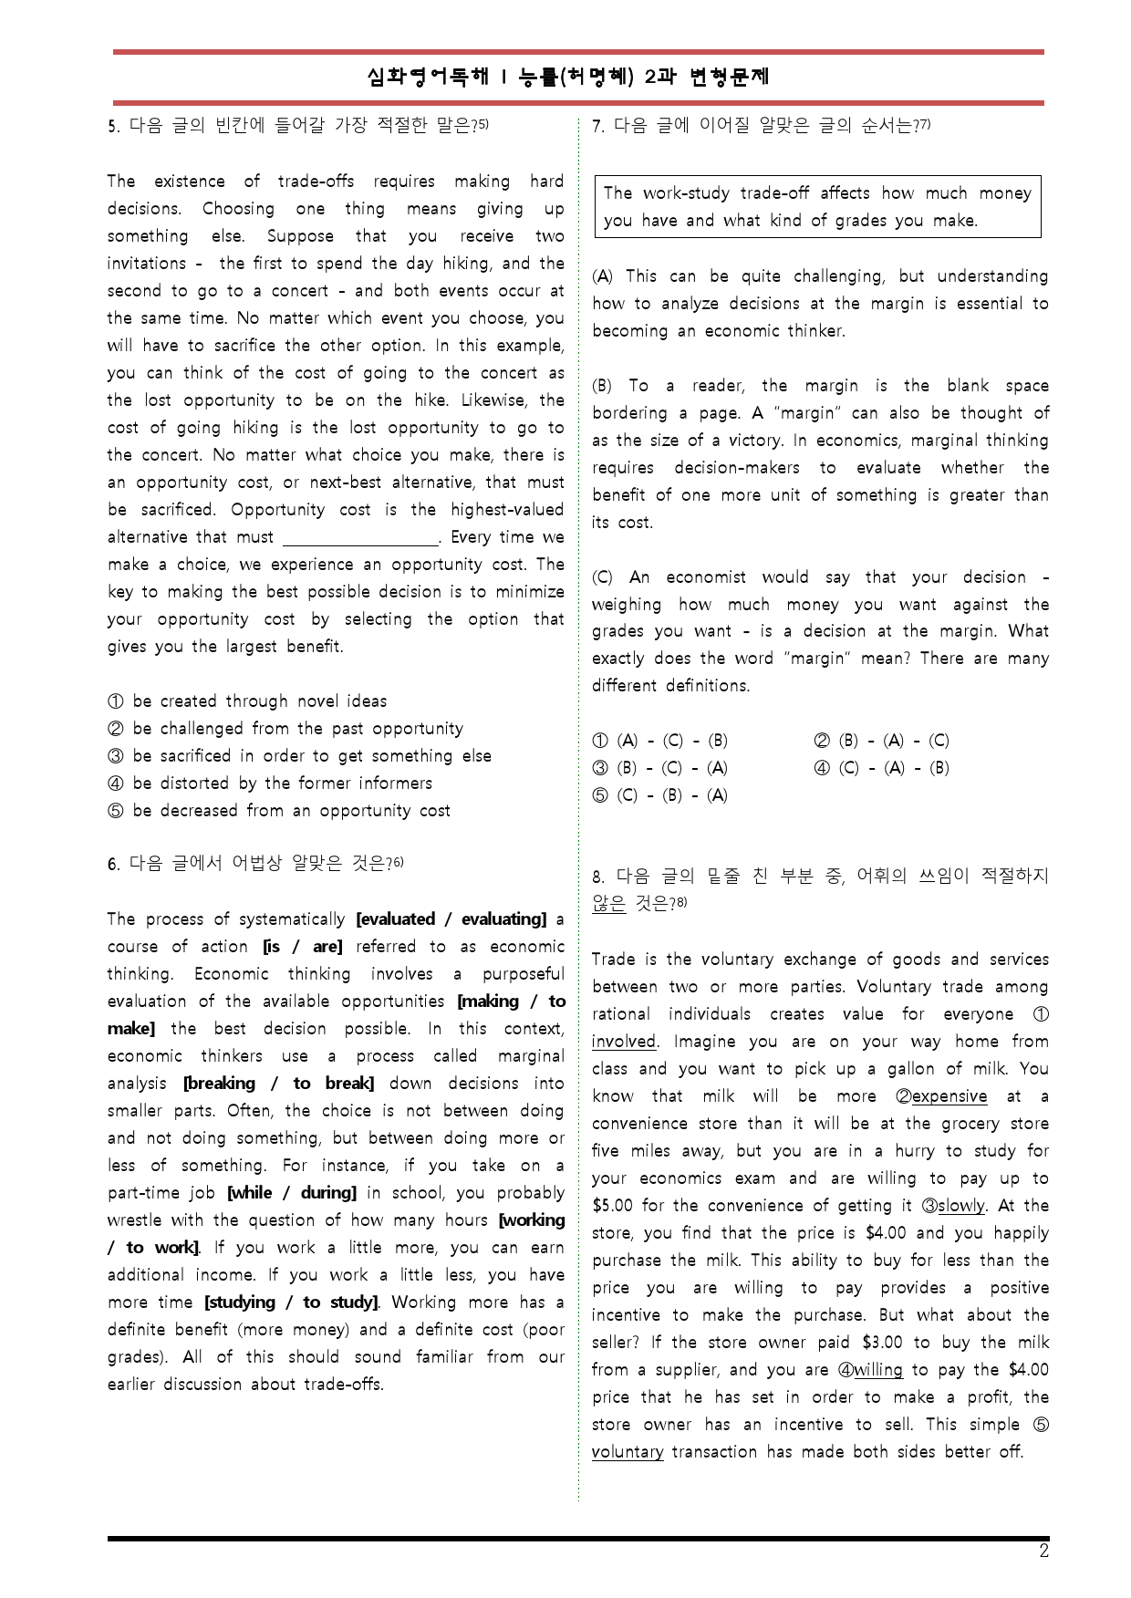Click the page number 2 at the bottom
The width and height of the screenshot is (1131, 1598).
[x=1043, y=1551]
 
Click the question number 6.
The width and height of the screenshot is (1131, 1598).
[x=112, y=864]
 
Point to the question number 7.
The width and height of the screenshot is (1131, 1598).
[x=597, y=126]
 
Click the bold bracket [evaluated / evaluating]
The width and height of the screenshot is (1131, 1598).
[x=451, y=919]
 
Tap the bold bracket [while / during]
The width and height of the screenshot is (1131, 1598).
[x=292, y=1193]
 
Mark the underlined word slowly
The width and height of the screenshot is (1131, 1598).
[x=961, y=1206]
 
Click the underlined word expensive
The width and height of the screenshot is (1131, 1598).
[x=949, y=1096]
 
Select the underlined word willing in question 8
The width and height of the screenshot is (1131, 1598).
[x=877, y=1370]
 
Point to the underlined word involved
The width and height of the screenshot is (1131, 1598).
[x=624, y=1042]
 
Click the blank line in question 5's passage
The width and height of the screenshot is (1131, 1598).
[x=361, y=538]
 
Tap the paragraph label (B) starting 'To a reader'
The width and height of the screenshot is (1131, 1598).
[x=602, y=386]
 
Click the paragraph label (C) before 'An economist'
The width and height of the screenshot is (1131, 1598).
[x=602, y=577]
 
